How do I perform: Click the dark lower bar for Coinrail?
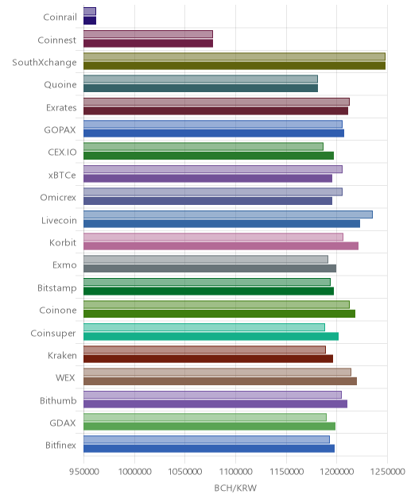coord(90,21)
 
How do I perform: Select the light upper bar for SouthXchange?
coord(235,56)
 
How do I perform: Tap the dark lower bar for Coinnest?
coord(148,44)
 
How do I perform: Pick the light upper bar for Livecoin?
coord(228,214)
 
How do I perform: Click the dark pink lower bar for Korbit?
coord(221,246)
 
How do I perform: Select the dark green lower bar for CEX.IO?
coord(208,156)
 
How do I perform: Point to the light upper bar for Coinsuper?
coord(204,327)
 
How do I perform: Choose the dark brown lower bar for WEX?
coord(220,381)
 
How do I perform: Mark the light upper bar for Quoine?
coord(200,79)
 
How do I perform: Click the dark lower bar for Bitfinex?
coord(209,449)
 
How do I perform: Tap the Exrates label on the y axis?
coord(61,107)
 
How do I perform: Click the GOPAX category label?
coord(60,130)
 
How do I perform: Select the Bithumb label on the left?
coord(58,400)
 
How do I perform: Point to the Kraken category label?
coord(62,355)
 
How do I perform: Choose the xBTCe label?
coord(62,175)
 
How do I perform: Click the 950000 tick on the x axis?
coord(83,472)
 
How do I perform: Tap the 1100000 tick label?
coord(235,472)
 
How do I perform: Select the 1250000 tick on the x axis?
coord(387,472)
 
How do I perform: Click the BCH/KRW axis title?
coord(235,488)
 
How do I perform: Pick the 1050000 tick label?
coord(185,472)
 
